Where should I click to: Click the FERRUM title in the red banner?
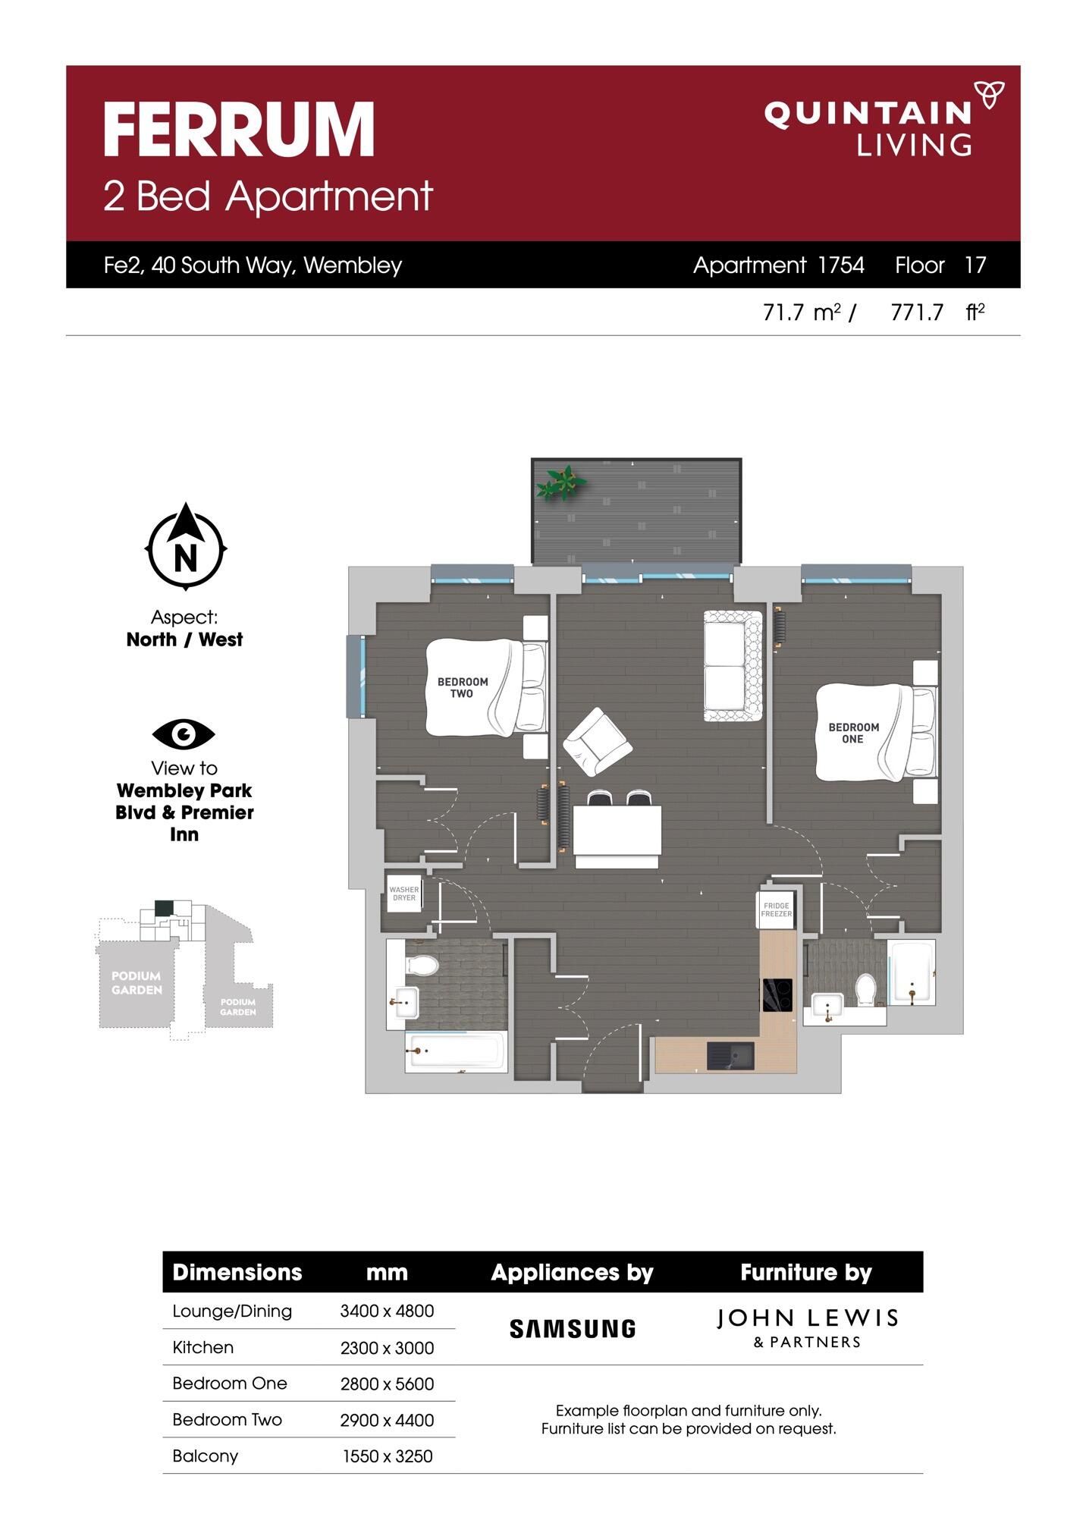click(x=239, y=130)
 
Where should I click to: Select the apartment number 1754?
click(x=841, y=265)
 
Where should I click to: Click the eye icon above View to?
click(x=184, y=734)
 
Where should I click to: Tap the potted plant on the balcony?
click(x=560, y=482)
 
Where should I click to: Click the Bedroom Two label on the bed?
click(x=463, y=687)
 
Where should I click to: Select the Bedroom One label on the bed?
click(x=853, y=733)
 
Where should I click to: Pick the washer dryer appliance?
click(x=403, y=894)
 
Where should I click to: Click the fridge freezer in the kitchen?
click(x=777, y=910)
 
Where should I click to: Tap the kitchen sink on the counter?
click(x=730, y=1056)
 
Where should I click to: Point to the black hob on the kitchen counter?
click(x=777, y=995)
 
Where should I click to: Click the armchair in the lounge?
click(x=598, y=743)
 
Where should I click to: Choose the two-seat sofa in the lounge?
click(x=733, y=666)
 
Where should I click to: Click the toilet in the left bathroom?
click(x=422, y=965)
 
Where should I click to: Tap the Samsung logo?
click(x=573, y=1328)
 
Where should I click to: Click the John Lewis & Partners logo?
click(x=807, y=1328)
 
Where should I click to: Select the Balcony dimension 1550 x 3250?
click(x=388, y=1456)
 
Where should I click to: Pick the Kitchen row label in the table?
click(x=203, y=1347)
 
